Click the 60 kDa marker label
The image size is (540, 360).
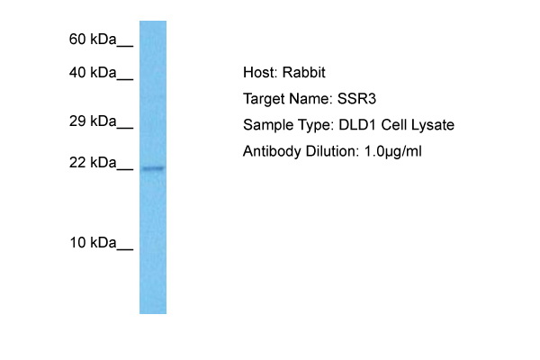coord(93,40)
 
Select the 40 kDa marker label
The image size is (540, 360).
coord(93,73)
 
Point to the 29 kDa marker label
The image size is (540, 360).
coord(93,121)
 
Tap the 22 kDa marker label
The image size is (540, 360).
coord(93,162)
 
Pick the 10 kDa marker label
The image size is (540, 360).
coord(93,242)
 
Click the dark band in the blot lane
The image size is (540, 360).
coord(153,168)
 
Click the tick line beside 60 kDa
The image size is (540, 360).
coord(125,46)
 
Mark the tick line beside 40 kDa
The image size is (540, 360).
coord(125,79)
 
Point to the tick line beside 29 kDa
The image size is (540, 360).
coord(125,128)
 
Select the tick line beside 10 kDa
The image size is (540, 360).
coord(125,249)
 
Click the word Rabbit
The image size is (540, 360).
coord(304,72)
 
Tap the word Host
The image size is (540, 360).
coord(260,72)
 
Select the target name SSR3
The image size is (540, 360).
coord(356,99)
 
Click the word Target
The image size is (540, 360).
coord(264,100)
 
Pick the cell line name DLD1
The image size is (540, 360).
coord(357,125)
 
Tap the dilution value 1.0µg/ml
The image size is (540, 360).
coord(392,152)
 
